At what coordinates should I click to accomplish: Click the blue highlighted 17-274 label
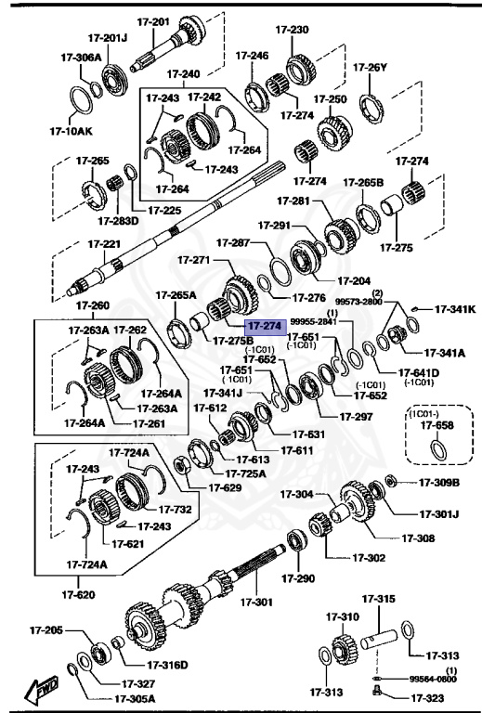coord(261,326)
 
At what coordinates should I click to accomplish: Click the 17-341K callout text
coord(455,309)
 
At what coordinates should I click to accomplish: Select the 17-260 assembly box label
coord(92,305)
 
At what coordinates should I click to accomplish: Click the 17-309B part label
coord(439,482)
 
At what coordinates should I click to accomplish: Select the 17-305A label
coord(136,699)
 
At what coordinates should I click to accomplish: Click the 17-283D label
coord(118,220)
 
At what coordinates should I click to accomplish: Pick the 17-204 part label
coord(354,279)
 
